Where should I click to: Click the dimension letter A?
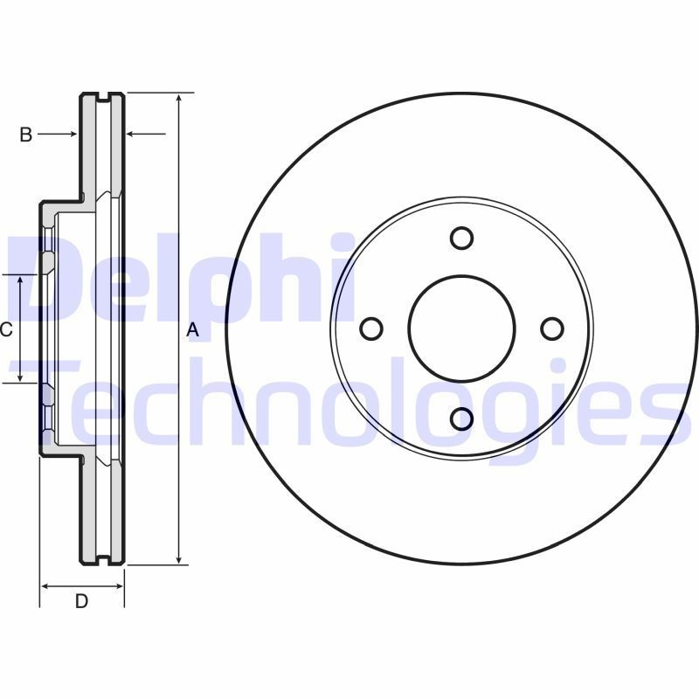(x=194, y=330)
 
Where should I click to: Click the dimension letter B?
(x=26, y=135)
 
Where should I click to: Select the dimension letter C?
(x=5, y=329)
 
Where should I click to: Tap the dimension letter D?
(x=81, y=601)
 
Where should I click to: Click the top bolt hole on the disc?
(x=462, y=238)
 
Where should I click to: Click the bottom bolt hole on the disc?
(x=462, y=419)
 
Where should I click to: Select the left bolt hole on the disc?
(x=371, y=329)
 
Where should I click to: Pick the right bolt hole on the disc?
(x=552, y=329)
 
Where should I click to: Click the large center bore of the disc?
(x=462, y=329)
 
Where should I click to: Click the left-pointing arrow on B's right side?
(x=133, y=134)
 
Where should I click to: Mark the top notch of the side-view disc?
(x=102, y=94)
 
